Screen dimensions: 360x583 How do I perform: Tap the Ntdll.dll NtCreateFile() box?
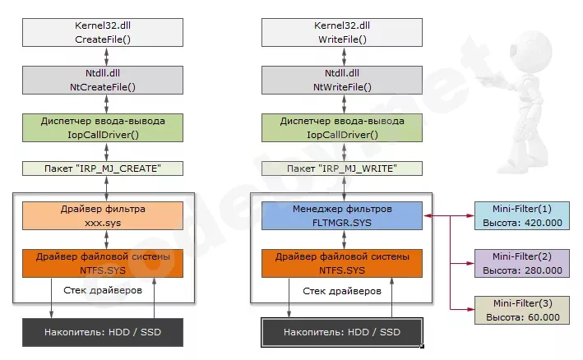pyautogui.click(x=104, y=80)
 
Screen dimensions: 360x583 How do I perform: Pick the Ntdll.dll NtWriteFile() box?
pyautogui.click(x=342, y=80)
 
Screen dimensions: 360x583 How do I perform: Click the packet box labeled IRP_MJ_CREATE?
pyautogui.click(x=104, y=168)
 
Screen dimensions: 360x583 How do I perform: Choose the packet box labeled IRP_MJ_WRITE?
pyautogui.click(x=342, y=168)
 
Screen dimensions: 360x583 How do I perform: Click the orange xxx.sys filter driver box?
pyautogui.click(x=104, y=216)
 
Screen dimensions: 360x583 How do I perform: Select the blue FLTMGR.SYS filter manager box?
pyautogui.click(x=342, y=216)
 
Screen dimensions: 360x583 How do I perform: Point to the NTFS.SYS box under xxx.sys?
pyautogui.click(x=104, y=263)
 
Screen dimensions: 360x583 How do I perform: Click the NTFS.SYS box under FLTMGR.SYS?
pyautogui.click(x=342, y=263)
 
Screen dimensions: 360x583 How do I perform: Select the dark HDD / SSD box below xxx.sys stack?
pyautogui.click(x=104, y=332)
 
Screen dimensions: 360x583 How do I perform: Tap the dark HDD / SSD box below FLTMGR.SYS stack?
pyautogui.click(x=342, y=332)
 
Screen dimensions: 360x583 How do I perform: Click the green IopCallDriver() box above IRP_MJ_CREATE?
pyautogui.click(x=104, y=127)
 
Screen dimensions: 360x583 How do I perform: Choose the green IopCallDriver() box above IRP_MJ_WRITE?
pyautogui.click(x=342, y=127)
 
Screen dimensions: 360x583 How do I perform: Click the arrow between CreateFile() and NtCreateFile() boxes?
pyautogui.click(x=105, y=57)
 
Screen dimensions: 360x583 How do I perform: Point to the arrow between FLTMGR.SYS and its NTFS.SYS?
pyautogui.click(x=342, y=240)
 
